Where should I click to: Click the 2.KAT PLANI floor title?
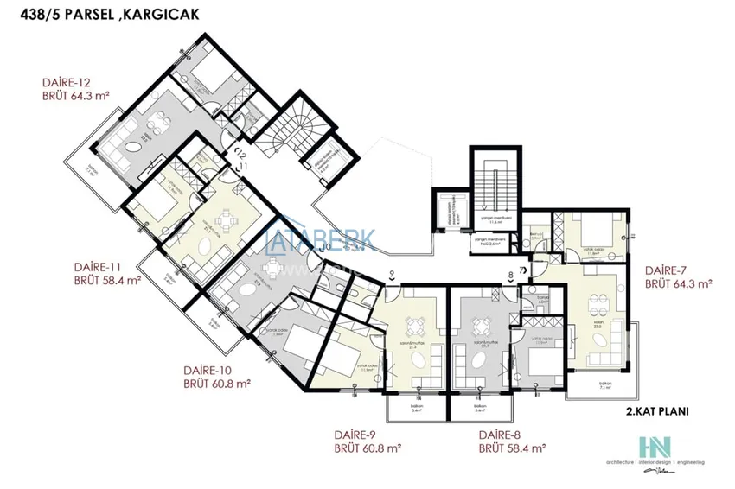(659, 412)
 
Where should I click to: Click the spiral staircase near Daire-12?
(298, 130)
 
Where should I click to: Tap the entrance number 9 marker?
(392, 274)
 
